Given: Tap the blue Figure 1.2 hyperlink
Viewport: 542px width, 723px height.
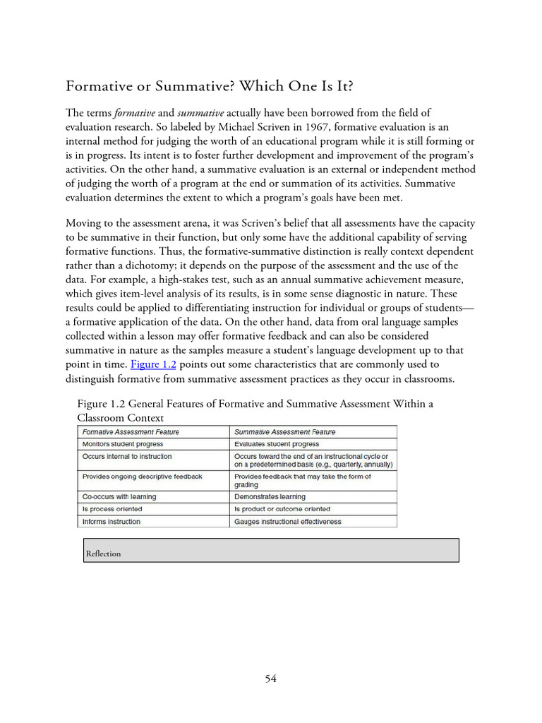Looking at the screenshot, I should pyautogui.click(x=153, y=364).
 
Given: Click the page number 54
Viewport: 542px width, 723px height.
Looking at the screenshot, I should pyautogui.click(x=271, y=679).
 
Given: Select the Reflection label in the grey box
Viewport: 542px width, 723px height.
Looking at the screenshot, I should pyautogui.click(x=103, y=554).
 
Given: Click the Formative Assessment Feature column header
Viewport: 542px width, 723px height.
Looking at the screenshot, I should pyautogui.click(x=131, y=431).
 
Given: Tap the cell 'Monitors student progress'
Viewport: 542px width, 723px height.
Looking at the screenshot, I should pyautogui.click(x=123, y=444).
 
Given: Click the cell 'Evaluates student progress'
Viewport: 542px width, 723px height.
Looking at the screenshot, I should pyautogui.click(x=277, y=444).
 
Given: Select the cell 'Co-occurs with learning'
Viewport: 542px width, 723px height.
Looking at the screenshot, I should pyautogui.click(x=119, y=496).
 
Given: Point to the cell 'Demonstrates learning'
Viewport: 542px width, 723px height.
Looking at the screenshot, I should pyautogui.click(x=271, y=496).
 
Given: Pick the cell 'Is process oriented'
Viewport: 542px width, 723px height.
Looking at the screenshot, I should pyautogui.click(x=112, y=508).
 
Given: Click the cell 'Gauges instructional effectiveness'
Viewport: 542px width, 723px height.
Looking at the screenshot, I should pyautogui.click(x=288, y=521).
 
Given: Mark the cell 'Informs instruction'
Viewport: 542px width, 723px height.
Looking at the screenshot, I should pyautogui.click(x=112, y=521).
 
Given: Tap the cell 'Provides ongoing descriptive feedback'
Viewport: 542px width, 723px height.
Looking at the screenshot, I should pyautogui.click(x=143, y=477).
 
